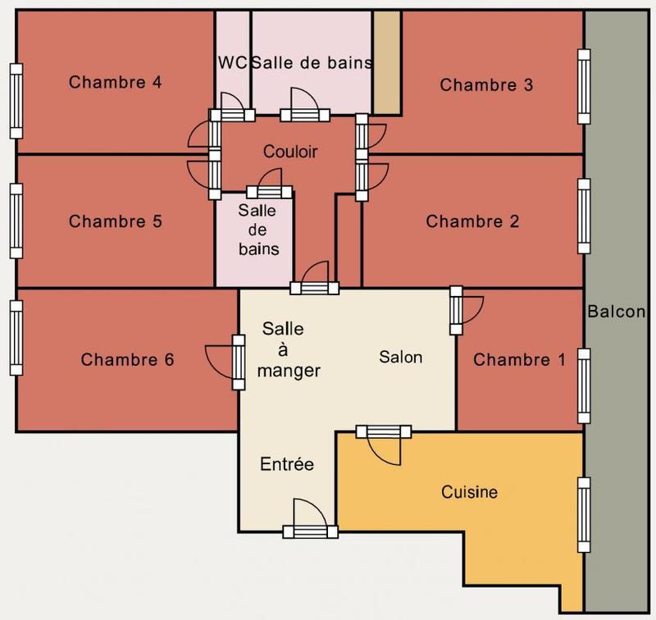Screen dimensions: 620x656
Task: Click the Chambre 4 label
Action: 115,82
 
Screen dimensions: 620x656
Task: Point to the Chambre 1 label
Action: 519,359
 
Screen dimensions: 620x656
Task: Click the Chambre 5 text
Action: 115,221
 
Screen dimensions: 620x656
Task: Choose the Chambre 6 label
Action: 127,359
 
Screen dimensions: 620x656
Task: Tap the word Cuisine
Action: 470,492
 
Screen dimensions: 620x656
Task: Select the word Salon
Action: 400,357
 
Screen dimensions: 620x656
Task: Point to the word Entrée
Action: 287,464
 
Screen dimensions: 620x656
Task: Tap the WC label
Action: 231,62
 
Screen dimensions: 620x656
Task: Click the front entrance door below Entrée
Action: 310,531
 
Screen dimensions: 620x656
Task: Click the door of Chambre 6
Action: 239,362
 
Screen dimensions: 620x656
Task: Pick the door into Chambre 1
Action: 457,311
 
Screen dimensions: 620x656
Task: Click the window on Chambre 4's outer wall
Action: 16,100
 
